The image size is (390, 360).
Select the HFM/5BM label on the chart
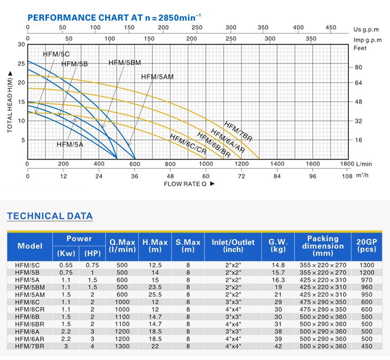coord(125,63)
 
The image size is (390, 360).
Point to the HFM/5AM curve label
coord(157,77)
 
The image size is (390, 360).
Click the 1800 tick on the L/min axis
coord(347,164)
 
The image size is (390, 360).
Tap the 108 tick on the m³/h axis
coord(347,176)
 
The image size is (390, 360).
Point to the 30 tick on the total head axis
coord(21,45)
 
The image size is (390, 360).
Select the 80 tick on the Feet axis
coord(358,68)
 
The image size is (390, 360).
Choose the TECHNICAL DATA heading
coord(49,216)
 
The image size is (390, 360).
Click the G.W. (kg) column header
coord(277,246)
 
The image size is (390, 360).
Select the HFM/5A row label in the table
coord(27,279)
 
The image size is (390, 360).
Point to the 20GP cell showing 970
coord(367,279)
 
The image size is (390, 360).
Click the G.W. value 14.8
coord(277,265)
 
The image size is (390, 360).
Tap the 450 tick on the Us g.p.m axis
coord(331,28)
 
